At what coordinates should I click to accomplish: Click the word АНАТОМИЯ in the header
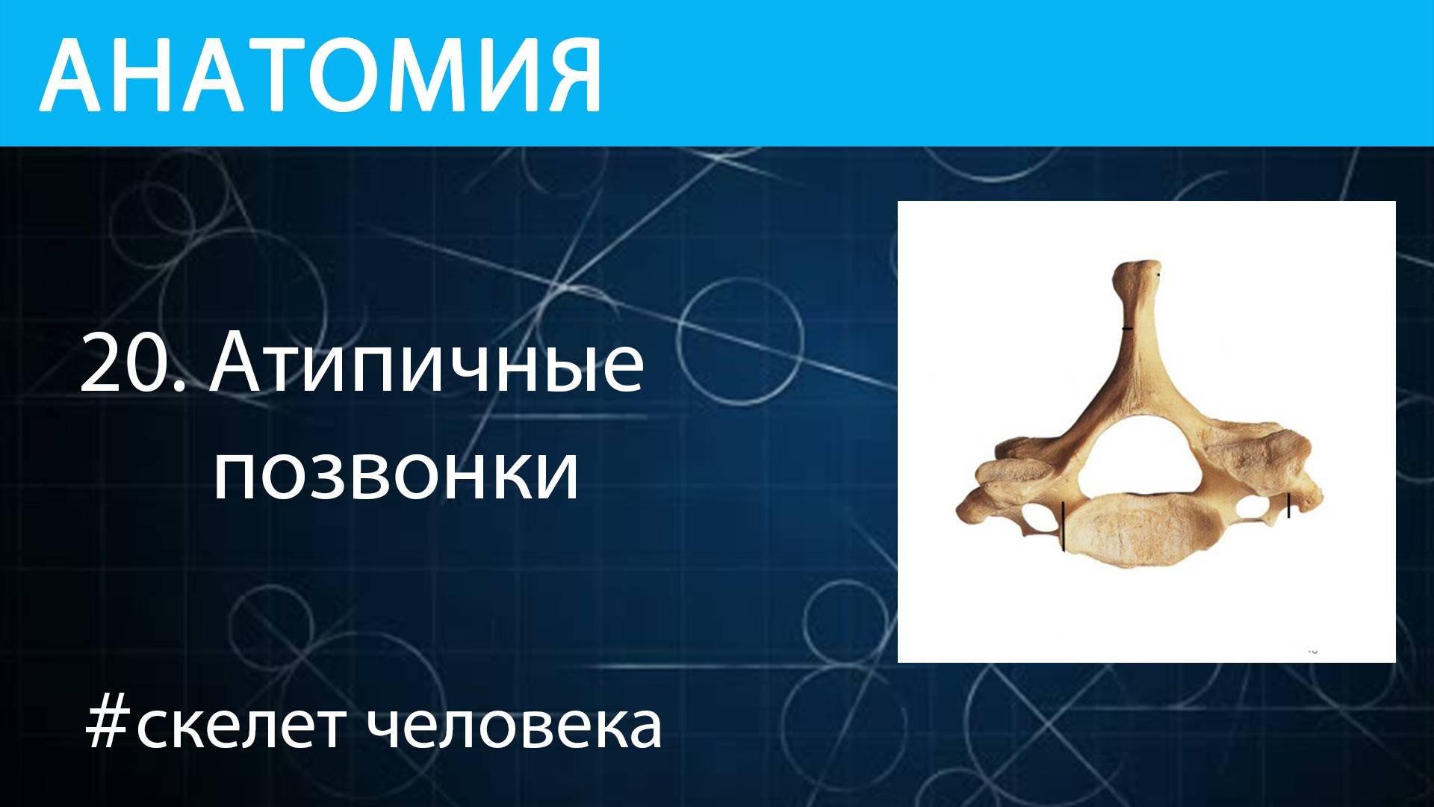point(321,75)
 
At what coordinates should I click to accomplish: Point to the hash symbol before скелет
point(108,726)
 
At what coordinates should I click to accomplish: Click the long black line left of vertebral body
point(1063,526)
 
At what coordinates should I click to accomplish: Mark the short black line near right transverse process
point(1289,506)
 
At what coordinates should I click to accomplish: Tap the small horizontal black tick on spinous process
point(1127,328)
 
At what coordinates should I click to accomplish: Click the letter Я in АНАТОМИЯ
point(571,75)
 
